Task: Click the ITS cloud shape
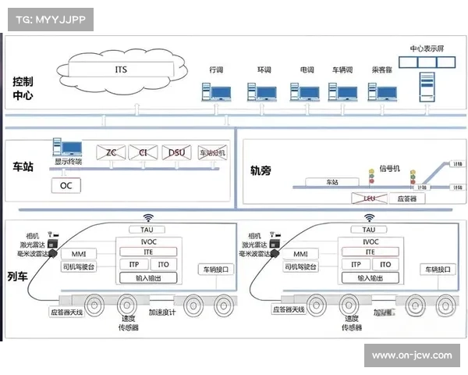coord(120,70)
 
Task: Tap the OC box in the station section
coord(66,186)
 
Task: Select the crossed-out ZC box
coord(111,152)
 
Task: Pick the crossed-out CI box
coord(143,152)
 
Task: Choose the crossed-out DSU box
coord(176,152)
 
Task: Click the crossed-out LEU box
coord(370,198)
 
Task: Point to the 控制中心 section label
coord(23,89)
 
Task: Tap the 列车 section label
coord(17,276)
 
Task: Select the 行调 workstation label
coord(216,70)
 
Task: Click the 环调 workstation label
coord(264,70)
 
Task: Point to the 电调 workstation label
coord(307,70)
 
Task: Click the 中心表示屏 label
coord(426,48)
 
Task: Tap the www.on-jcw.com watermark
coord(411,355)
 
